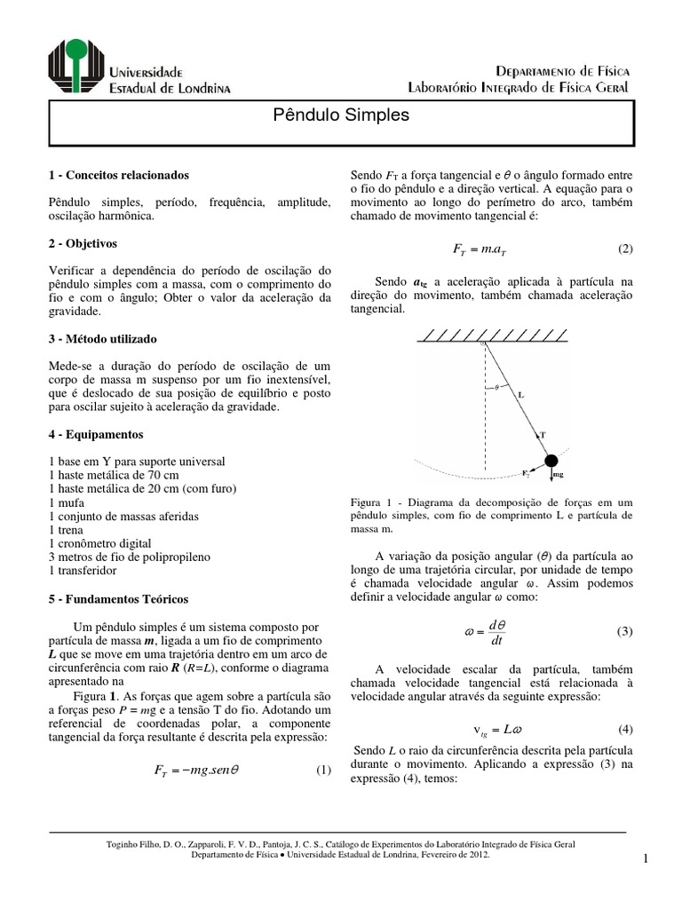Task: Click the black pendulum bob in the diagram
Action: point(551,460)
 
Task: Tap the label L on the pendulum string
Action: point(520,397)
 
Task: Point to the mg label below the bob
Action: point(559,476)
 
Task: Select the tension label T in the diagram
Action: point(542,436)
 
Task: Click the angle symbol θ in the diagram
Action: point(497,386)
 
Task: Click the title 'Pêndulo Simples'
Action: point(340,115)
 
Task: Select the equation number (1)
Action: point(323,770)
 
